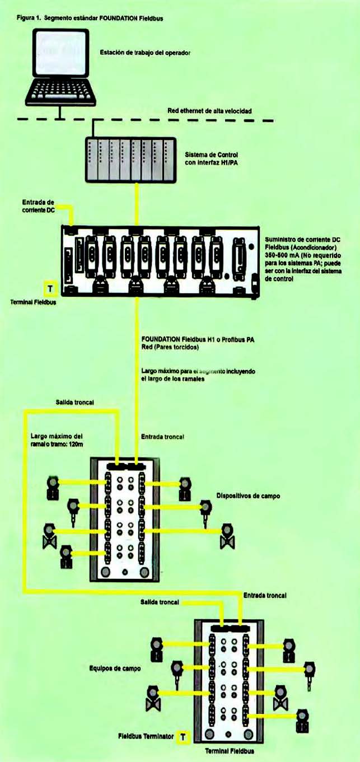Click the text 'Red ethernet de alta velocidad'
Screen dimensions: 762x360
[209, 111]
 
